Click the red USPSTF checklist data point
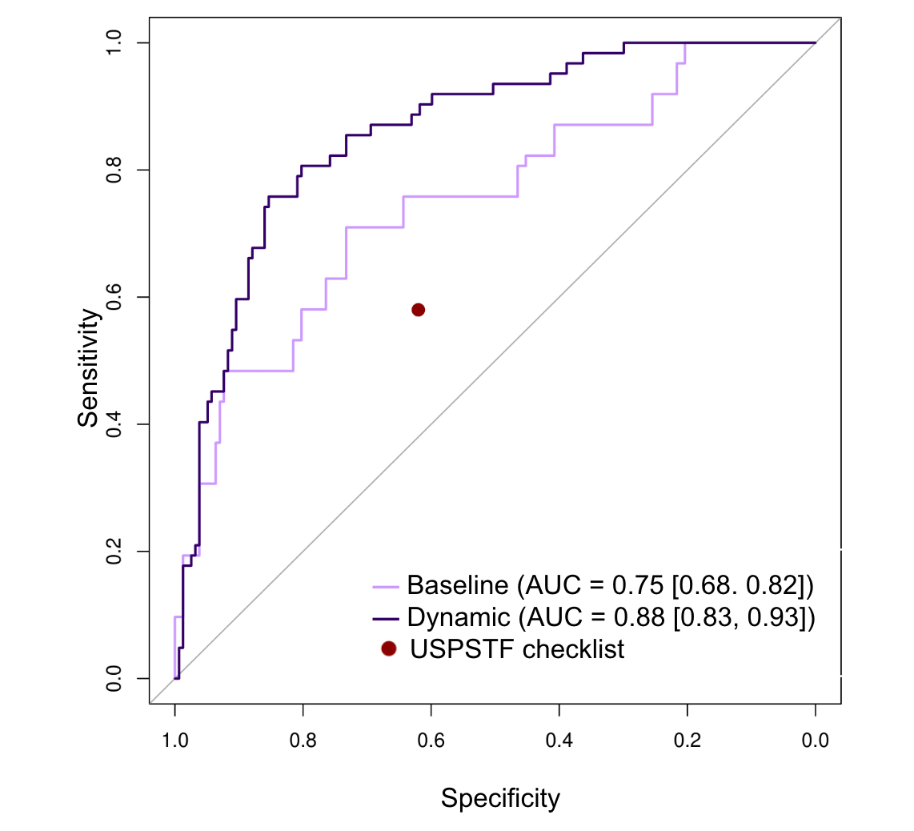point(418,310)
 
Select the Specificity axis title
point(500,798)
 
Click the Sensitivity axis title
point(90,369)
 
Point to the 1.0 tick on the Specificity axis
point(174,741)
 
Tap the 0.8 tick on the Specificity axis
point(303,741)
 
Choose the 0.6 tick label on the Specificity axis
point(431,741)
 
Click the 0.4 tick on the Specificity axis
point(559,741)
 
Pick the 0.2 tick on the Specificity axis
point(687,741)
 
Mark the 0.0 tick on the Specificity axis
point(815,741)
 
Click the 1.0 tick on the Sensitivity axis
point(115,42)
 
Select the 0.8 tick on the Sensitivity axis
point(115,170)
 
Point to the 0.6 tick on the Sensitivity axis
point(115,297)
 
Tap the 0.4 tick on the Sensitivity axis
point(115,424)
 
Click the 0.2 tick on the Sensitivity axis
point(115,552)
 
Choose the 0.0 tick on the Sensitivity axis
point(115,679)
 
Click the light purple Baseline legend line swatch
point(386,587)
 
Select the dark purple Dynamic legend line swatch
point(386,618)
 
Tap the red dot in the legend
point(389,648)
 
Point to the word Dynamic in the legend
point(458,617)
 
